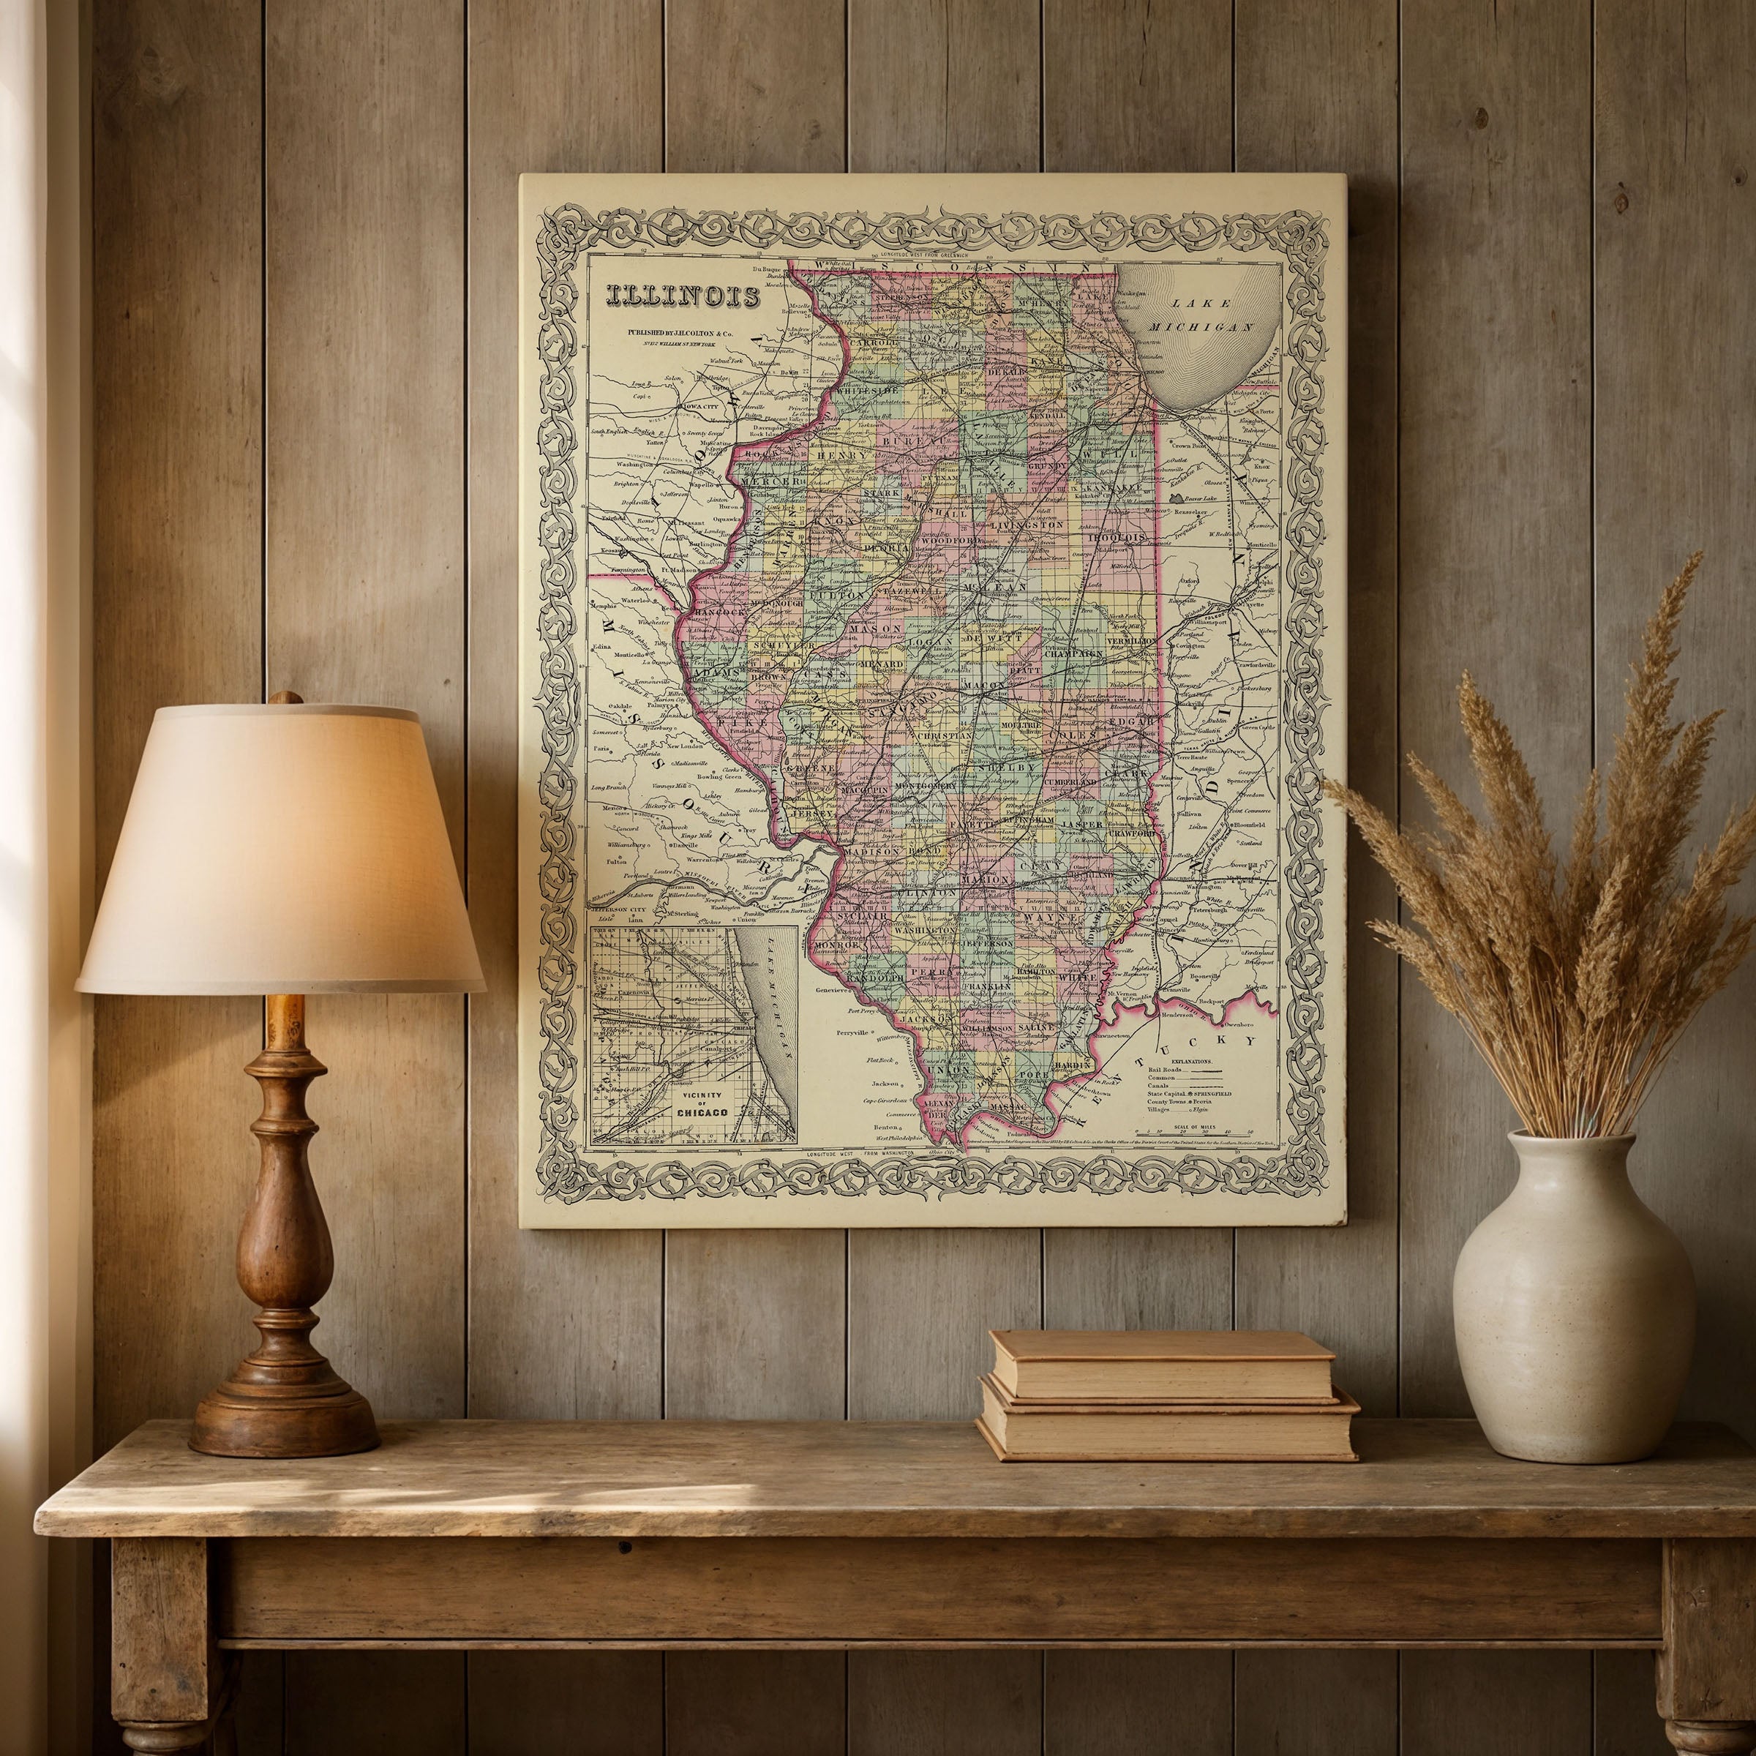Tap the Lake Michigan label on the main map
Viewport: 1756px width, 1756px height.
1213,315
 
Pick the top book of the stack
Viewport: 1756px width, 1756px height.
1162,1365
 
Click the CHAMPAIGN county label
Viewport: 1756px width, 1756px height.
1073,653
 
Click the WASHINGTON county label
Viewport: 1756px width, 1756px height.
923,931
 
